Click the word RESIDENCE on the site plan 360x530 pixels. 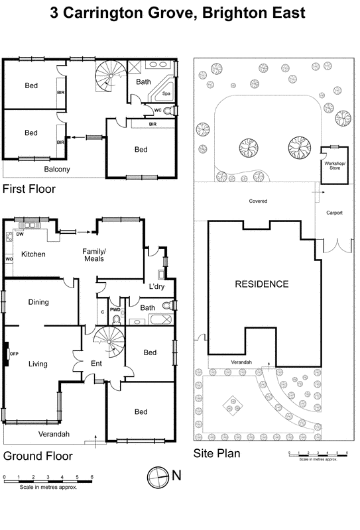coord(263,284)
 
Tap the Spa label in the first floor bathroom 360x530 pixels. coord(167,95)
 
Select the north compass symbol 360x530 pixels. coord(157,475)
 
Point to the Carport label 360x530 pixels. coord(335,213)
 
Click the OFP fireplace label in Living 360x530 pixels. coord(13,354)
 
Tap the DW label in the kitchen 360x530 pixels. coord(21,233)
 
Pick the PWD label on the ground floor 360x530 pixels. coord(115,309)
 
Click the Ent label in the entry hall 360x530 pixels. coord(96,363)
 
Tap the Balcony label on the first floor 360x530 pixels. coord(57,170)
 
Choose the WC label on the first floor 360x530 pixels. coord(158,110)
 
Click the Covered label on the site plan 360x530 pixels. coord(258,201)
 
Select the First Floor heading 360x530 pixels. coord(29,189)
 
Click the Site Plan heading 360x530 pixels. coord(217,454)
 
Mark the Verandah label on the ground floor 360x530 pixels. coord(47,435)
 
